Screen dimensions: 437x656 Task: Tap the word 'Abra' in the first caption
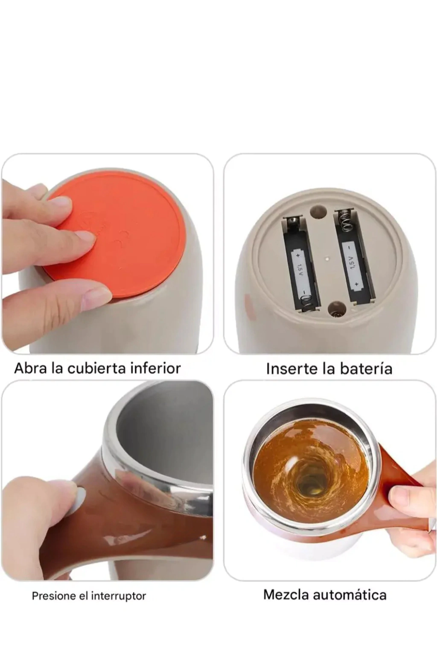point(31,368)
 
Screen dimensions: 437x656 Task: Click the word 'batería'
point(368,369)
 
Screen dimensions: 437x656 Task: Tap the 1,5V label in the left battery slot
point(300,268)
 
